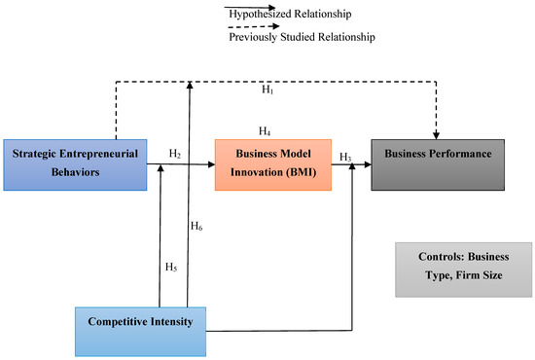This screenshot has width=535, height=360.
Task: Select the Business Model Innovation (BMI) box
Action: [x=273, y=162]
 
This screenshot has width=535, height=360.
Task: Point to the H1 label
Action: [x=267, y=90]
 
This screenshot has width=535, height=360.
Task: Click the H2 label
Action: [x=175, y=153]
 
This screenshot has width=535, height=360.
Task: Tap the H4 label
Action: [x=264, y=130]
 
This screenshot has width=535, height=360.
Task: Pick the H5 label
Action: [x=170, y=268]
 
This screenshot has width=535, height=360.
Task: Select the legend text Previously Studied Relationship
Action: [x=301, y=37]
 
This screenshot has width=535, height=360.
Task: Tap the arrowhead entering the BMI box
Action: [x=211, y=165]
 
